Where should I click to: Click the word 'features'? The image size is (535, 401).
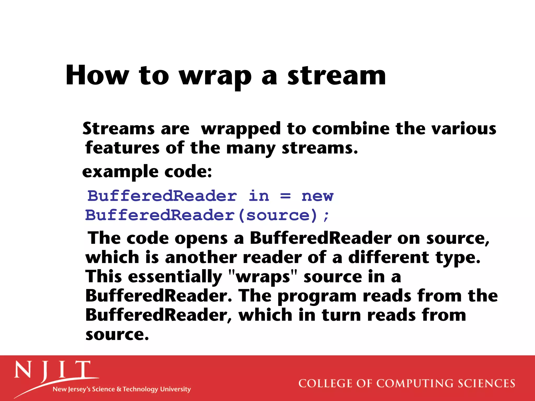coord(122,148)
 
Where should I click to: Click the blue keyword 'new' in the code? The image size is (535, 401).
coord(317,196)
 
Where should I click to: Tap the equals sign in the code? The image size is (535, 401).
coord(285,196)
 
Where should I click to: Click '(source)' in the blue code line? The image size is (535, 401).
coord(278,216)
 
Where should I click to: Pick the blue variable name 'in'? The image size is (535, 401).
coord(259,196)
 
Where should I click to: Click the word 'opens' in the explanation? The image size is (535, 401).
coord(201,239)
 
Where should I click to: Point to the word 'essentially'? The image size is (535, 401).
coord(175,277)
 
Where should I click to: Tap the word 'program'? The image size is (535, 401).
coord(317,297)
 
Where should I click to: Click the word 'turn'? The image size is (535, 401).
coord(341,315)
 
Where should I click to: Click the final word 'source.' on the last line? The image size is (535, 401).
coord(117,334)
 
